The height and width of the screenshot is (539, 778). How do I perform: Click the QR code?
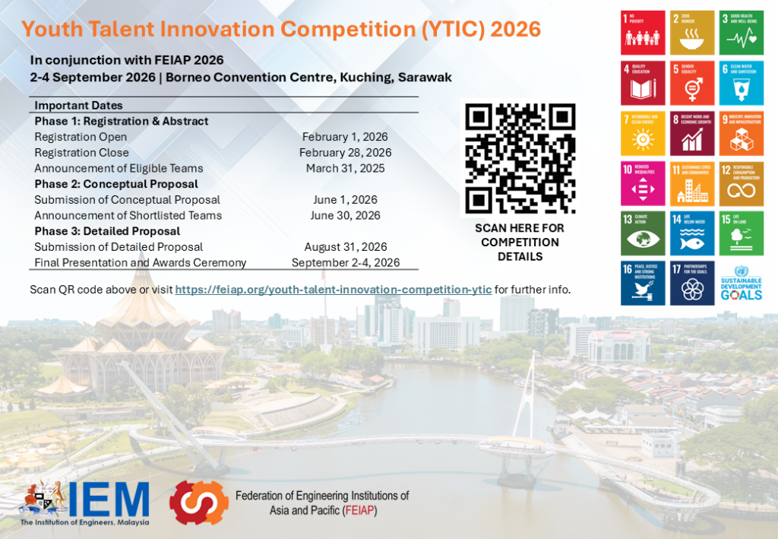(520, 157)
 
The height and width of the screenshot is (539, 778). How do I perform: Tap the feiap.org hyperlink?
(333, 290)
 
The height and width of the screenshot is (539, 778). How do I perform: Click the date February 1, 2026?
(345, 137)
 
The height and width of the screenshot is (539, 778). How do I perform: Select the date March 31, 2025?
(345, 168)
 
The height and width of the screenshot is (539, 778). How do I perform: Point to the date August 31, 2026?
(346, 247)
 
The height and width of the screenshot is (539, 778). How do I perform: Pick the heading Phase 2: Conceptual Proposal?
(116, 184)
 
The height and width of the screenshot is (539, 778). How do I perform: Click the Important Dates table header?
(78, 106)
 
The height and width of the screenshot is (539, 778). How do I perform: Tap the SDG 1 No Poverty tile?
(643, 33)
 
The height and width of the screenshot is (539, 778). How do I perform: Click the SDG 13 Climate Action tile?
(643, 233)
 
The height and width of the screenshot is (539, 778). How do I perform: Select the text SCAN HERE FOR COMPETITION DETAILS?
(520, 242)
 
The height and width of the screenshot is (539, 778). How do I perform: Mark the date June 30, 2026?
(346, 215)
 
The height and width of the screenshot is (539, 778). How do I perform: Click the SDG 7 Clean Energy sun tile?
(643, 132)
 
